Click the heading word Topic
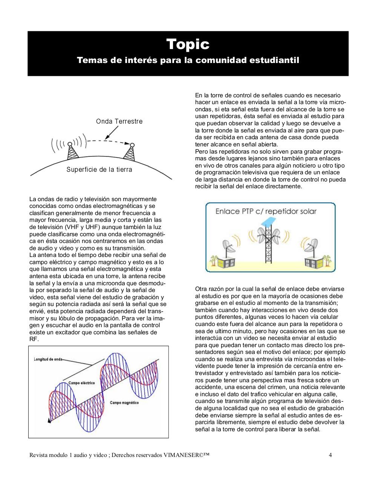pos(188,44)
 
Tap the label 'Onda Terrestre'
pos(119,121)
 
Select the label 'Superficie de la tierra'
pos(99,169)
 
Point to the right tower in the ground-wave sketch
pos(130,152)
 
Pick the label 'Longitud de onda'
pos(48,359)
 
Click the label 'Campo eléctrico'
pos(81,383)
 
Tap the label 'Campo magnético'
pos(124,403)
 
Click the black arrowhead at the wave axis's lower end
pos(49,420)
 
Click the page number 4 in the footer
pos(330,455)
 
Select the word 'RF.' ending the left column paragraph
pos(34,339)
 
